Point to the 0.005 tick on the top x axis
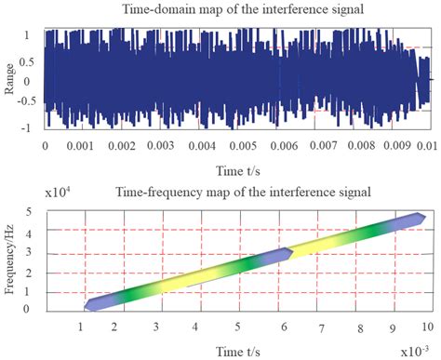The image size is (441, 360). coord(238,146)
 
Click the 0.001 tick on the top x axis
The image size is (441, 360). coord(84,146)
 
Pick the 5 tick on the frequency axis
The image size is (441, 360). coord(32,214)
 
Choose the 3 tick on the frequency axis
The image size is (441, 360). coord(32,254)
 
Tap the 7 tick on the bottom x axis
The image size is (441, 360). coord(321,328)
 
